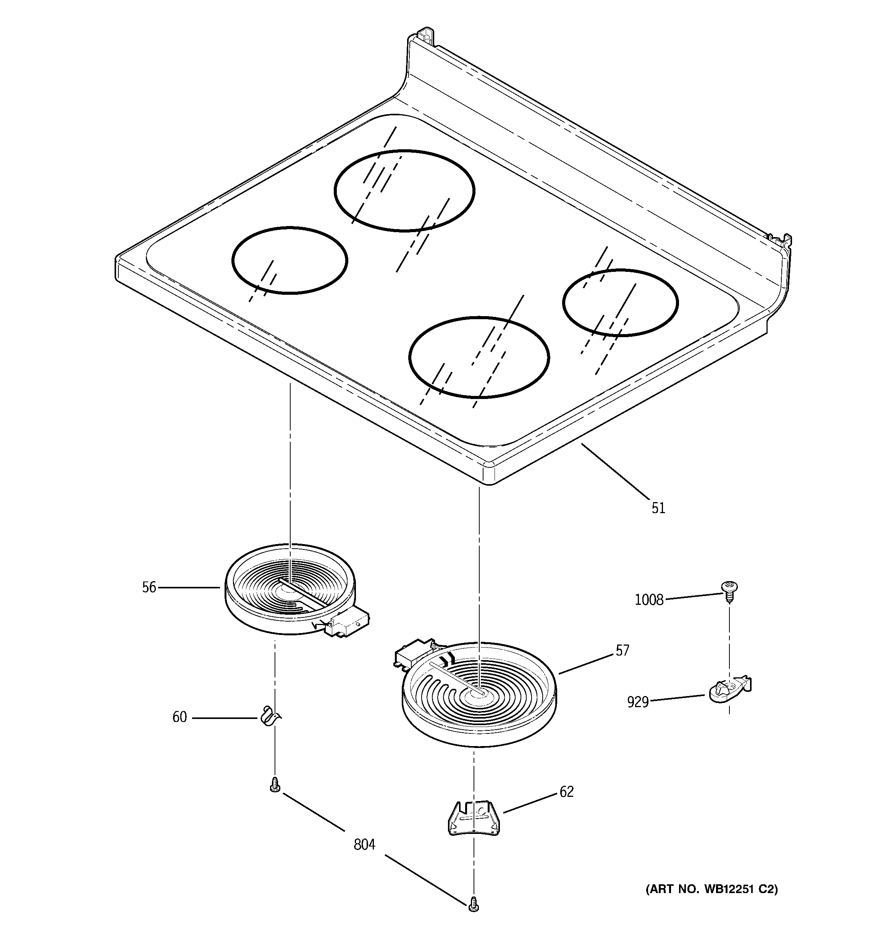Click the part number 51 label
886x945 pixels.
(658, 508)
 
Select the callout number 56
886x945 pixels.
(149, 588)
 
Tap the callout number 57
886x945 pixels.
(622, 651)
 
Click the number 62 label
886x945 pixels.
(566, 792)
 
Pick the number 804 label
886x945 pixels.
(364, 845)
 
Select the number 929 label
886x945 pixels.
(638, 702)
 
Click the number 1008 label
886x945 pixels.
(649, 600)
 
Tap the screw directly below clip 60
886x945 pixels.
(275, 785)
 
